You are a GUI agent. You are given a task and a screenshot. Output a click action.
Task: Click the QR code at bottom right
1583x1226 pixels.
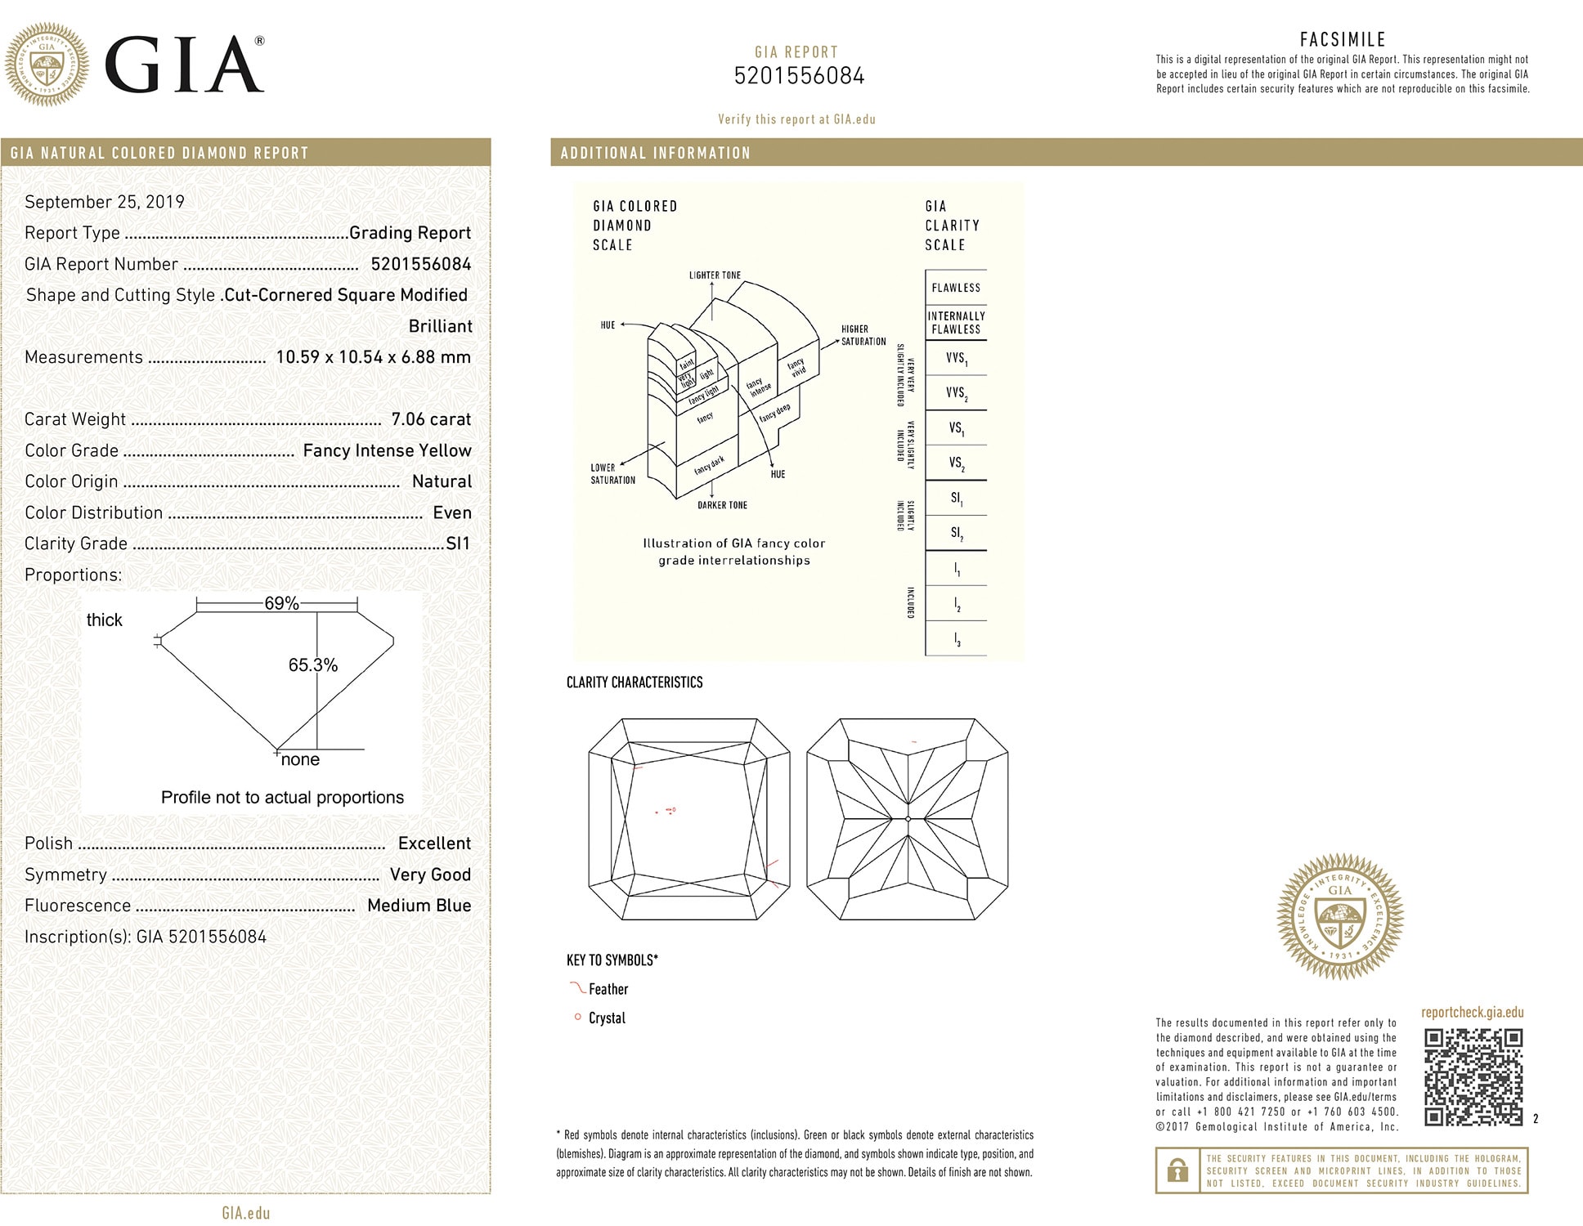point(1473,1077)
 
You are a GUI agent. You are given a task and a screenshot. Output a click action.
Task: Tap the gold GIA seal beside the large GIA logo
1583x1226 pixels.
point(47,65)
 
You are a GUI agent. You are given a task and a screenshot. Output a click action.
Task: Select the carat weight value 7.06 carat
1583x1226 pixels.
point(431,419)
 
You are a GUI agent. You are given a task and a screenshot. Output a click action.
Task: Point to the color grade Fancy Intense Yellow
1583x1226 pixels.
point(387,450)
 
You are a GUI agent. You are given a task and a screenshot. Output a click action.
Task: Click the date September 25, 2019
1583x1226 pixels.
point(105,202)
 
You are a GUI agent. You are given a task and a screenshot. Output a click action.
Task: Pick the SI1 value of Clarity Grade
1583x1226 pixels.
point(458,544)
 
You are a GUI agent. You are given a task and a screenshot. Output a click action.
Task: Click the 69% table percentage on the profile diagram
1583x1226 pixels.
point(281,603)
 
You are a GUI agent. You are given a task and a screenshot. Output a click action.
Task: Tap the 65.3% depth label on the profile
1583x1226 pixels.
point(312,665)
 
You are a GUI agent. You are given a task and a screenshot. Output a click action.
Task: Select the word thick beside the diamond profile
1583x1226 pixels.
point(104,620)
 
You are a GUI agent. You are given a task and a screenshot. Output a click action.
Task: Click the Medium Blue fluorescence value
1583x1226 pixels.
point(419,906)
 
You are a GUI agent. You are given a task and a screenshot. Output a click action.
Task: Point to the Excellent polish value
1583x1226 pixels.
point(434,843)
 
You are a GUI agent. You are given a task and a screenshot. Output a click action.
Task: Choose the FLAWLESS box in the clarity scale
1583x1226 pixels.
point(956,288)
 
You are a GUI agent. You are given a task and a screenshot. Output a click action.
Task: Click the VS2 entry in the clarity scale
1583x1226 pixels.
point(956,463)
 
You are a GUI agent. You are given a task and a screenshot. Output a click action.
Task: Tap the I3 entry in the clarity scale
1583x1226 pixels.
point(957,639)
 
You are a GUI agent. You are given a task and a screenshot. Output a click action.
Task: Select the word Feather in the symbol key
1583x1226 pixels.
point(608,989)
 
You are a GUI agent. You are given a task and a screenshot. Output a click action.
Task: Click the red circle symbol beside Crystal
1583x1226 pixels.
point(577,1018)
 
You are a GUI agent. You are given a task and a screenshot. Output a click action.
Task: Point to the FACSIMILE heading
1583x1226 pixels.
point(1343,39)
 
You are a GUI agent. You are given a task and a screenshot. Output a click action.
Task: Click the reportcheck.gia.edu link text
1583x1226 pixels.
point(1472,1012)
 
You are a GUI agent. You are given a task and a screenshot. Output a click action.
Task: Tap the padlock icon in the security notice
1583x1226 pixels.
point(1177,1170)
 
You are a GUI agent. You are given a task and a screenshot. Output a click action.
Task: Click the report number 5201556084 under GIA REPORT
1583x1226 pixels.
point(799,76)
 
